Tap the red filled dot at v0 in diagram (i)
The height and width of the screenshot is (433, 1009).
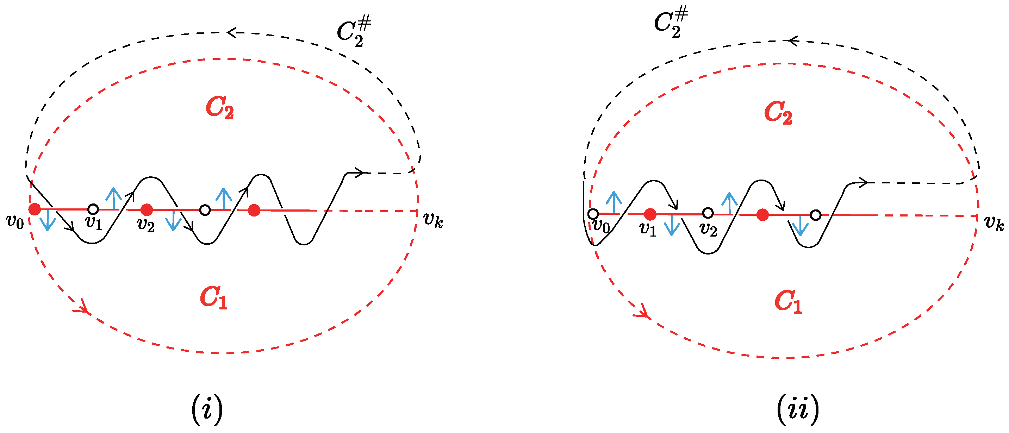(x=35, y=209)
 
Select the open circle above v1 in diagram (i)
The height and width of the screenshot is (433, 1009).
(x=93, y=209)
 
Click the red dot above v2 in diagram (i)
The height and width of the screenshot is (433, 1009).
(x=147, y=210)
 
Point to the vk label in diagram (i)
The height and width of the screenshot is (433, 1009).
(x=433, y=220)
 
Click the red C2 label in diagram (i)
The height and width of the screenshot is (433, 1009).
(x=220, y=108)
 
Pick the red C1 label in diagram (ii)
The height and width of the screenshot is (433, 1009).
(x=788, y=302)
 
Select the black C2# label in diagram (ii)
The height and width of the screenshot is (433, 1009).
(x=671, y=23)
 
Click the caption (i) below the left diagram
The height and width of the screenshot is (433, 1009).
(x=207, y=409)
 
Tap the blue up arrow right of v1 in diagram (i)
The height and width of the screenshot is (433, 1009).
(x=114, y=198)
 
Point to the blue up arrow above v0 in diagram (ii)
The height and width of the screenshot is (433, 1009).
(x=614, y=202)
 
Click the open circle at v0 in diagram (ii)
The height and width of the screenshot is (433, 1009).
(x=593, y=214)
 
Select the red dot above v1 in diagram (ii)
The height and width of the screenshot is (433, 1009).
(x=650, y=214)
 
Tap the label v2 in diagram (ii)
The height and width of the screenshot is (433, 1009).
(x=708, y=230)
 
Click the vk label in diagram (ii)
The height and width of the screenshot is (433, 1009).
(x=994, y=223)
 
